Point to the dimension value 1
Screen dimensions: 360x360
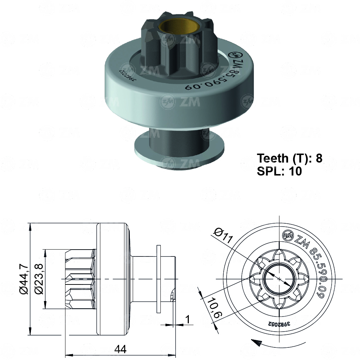coord(187,319)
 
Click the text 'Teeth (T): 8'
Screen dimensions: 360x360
coord(290,158)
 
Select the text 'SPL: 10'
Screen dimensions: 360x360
coord(279,171)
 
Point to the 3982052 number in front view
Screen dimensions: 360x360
coord(279,323)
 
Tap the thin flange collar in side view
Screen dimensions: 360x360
coord(159,279)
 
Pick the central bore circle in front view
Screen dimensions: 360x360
coord(279,279)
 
